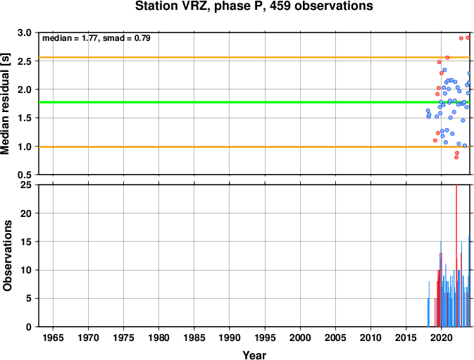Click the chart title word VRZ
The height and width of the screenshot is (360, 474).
point(197,6)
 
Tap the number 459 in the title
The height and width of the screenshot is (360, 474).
point(280,6)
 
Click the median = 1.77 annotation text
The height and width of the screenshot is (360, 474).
point(70,38)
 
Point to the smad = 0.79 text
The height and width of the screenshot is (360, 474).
point(126,38)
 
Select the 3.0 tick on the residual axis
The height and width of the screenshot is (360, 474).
point(25,32)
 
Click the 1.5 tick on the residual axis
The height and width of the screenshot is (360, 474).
point(25,118)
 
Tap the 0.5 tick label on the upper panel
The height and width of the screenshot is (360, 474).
point(25,175)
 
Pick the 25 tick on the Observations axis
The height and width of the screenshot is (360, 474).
point(26,185)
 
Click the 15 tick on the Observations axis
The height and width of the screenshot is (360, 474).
point(26,242)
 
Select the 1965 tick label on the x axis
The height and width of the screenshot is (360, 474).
point(54,337)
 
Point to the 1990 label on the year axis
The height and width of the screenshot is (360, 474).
point(230,337)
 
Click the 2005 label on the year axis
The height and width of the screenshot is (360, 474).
point(335,337)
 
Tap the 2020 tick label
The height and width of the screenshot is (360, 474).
point(442,337)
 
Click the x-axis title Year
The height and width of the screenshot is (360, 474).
point(254,355)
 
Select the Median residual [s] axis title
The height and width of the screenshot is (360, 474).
point(6,104)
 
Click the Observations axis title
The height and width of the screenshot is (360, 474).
point(6,256)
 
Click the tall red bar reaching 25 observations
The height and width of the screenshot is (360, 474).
point(456,256)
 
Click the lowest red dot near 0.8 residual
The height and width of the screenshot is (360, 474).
point(456,157)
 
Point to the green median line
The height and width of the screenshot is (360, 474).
point(254,102)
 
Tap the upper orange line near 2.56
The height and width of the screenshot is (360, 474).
point(254,57)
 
